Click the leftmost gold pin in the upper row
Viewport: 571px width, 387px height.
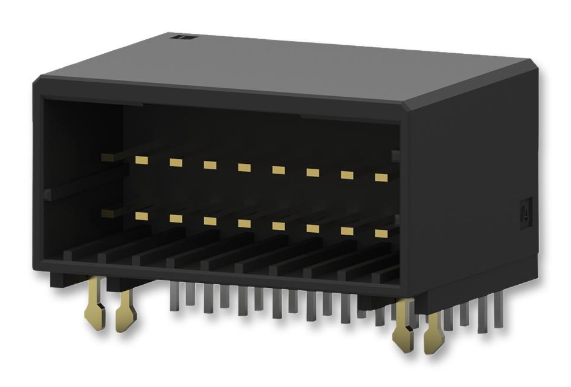(142, 160)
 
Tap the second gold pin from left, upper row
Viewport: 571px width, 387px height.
(176, 162)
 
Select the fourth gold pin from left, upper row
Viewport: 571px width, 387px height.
(244, 167)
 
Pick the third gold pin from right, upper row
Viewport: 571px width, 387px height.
(312, 172)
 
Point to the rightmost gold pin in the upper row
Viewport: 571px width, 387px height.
(381, 177)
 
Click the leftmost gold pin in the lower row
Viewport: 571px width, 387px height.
(142, 215)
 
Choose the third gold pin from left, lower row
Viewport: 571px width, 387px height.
(210, 221)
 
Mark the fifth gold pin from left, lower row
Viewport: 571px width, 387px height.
(279, 226)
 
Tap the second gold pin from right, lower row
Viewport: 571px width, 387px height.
(347, 231)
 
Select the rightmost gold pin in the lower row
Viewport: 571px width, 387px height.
(381, 233)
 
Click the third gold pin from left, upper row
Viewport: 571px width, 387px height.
(210, 164)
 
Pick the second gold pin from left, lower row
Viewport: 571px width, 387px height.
(176, 218)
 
